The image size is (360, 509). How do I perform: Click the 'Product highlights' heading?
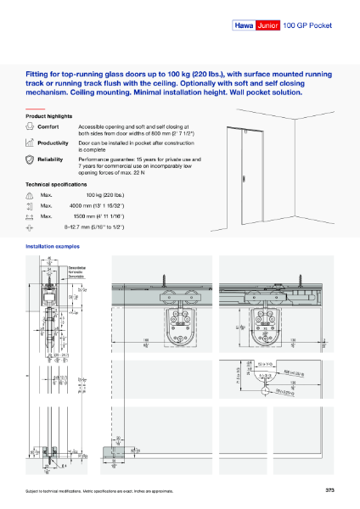(50, 115)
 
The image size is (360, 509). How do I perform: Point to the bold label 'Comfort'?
(48, 126)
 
